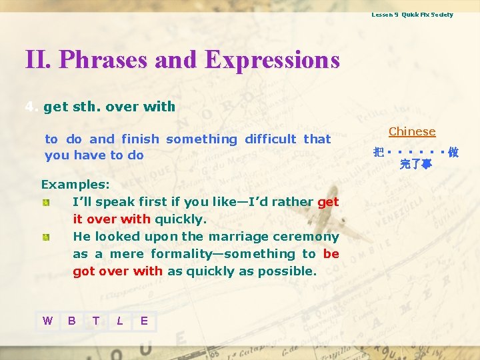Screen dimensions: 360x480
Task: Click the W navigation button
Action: [x=47, y=321]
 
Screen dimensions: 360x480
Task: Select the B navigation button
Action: [x=71, y=321]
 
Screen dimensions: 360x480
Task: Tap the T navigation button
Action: [x=95, y=321]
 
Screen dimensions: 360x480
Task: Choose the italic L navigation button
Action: [x=119, y=321]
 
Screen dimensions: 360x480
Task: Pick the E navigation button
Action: [x=144, y=321]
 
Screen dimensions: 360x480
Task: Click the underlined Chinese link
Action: [x=412, y=132]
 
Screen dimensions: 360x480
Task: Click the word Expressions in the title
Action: [x=272, y=60]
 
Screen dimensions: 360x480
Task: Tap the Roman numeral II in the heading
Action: [x=37, y=60]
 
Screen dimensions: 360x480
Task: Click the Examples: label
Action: [x=75, y=184]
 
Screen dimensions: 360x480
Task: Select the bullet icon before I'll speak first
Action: [x=45, y=201]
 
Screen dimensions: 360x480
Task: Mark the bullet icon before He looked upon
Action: [x=45, y=236]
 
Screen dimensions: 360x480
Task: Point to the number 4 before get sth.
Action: [x=29, y=107]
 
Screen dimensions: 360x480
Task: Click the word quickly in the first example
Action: [x=181, y=219]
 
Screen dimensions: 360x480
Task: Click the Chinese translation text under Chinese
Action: [x=415, y=157]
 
